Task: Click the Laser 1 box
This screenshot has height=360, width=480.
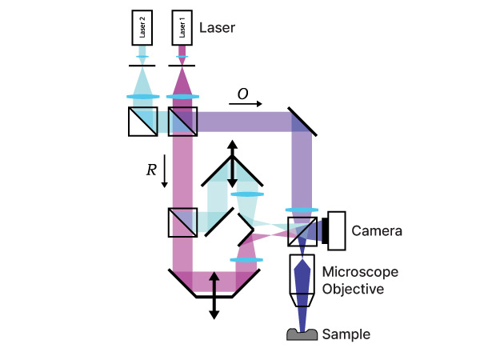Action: pyautogui.click(x=183, y=30)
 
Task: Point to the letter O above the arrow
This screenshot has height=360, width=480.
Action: pyautogui.click(x=243, y=95)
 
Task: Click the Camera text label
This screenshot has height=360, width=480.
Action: pyautogui.click(x=376, y=231)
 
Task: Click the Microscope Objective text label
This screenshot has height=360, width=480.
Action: pyautogui.click(x=360, y=280)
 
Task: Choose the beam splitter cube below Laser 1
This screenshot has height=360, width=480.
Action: pyautogui.click(x=183, y=121)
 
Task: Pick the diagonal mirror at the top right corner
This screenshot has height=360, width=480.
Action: pyautogui.click(x=302, y=121)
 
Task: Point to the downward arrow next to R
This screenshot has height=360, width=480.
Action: pyautogui.click(x=164, y=171)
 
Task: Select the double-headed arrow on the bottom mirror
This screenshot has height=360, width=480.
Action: pyautogui.click(x=214, y=295)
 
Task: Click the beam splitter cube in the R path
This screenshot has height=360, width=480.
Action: pyautogui.click(x=183, y=222)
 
